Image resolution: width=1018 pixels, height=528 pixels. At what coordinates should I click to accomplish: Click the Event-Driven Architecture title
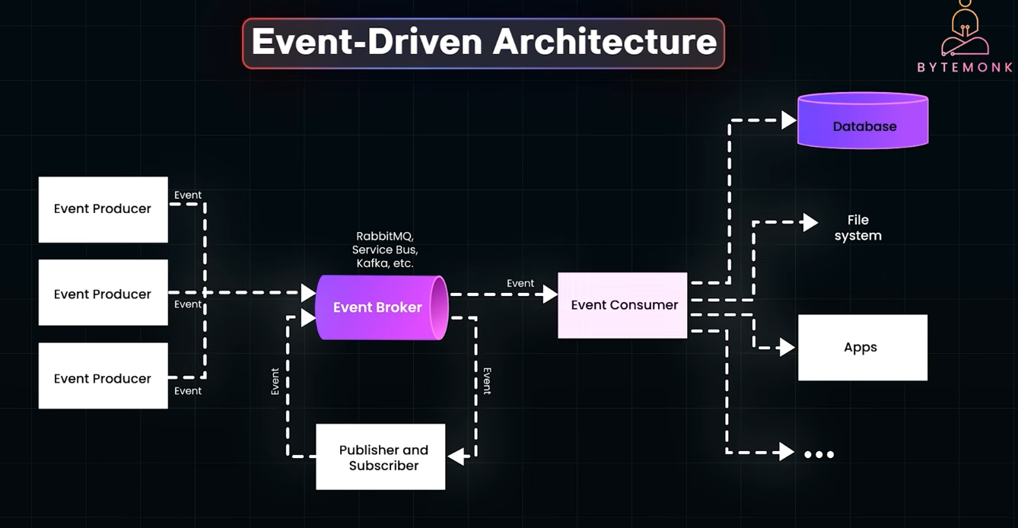coord(483,43)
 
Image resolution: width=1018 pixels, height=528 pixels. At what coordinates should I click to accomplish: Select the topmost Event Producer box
coord(103,209)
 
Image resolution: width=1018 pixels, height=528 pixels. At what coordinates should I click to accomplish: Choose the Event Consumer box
coord(623,305)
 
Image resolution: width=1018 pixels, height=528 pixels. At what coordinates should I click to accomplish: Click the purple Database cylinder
coord(863,121)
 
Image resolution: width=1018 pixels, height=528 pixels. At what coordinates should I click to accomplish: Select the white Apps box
coord(862,347)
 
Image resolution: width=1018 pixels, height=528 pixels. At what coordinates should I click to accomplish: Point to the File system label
coord(857,227)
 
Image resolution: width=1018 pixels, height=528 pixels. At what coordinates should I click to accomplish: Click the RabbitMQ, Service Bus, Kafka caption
coord(384,250)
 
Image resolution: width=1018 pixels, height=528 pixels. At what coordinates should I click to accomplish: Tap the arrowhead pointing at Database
coord(789,119)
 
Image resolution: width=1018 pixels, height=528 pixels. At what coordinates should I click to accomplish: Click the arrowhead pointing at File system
coord(810,222)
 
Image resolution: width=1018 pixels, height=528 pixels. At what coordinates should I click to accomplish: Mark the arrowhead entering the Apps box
coord(787,348)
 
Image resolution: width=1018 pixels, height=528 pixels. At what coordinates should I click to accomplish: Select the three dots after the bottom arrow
coord(819,454)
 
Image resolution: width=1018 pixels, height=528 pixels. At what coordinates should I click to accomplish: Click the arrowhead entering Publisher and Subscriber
coord(456,456)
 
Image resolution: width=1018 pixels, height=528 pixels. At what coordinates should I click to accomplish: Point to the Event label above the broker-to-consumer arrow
coord(520,283)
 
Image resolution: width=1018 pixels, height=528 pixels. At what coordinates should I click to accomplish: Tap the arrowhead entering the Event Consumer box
coord(551,294)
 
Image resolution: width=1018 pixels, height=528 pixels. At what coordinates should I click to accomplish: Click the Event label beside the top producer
coord(188,195)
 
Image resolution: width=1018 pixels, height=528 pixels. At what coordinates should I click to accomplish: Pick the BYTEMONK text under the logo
coord(965,67)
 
